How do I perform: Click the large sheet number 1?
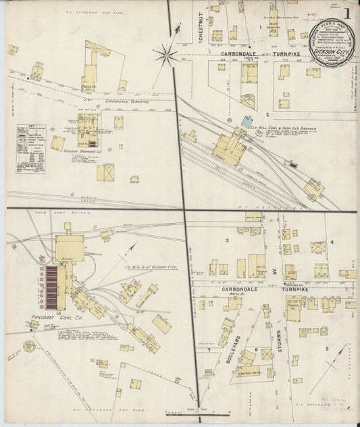346,14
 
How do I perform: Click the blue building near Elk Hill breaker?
246,120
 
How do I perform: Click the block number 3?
228,240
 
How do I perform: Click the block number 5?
328,349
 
